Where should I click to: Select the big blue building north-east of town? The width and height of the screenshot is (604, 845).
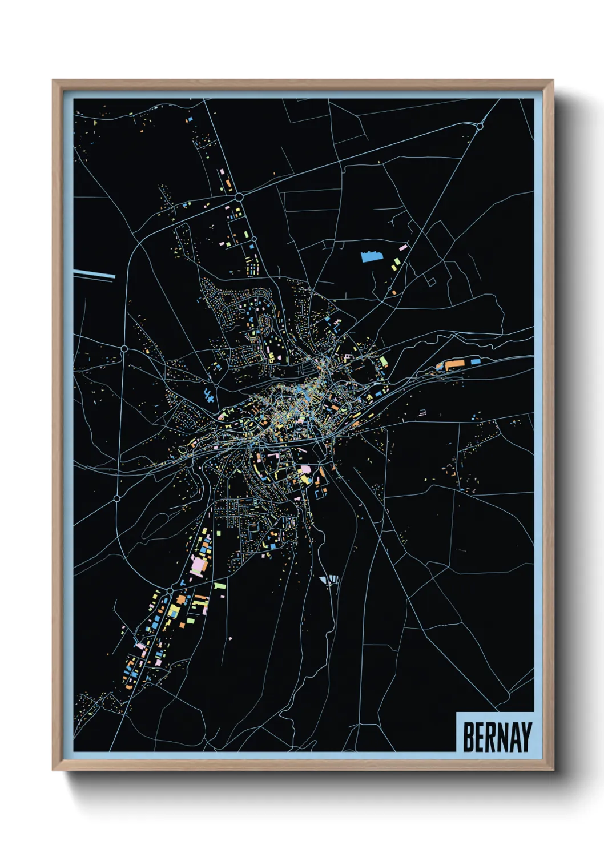[371, 256]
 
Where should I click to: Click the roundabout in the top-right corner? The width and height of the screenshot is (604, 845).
[480, 126]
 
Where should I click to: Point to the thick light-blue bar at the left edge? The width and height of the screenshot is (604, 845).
[95, 274]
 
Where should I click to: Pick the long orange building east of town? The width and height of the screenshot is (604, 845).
[454, 363]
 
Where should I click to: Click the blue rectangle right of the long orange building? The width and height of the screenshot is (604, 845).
[475, 361]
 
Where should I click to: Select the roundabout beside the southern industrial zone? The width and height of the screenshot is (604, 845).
[170, 589]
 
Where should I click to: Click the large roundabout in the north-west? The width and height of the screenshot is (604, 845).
[239, 197]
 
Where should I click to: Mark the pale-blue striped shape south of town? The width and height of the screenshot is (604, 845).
[329, 580]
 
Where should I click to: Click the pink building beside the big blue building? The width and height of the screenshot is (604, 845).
[403, 248]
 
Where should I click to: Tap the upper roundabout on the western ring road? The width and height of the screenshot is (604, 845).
[124, 348]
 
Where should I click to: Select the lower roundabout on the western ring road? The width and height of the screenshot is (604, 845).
[117, 498]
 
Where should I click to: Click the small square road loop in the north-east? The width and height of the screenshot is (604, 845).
[432, 281]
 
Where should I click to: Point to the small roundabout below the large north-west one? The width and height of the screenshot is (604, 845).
[254, 239]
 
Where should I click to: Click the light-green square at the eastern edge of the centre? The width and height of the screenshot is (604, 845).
[384, 361]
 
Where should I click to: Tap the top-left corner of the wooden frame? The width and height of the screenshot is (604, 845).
[53, 81]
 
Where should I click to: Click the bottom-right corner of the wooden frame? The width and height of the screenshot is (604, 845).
[553, 770]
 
